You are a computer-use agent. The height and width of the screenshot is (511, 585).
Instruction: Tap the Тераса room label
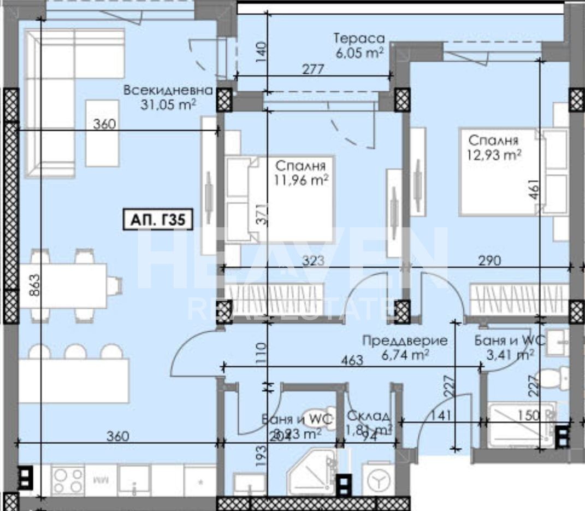[359, 39]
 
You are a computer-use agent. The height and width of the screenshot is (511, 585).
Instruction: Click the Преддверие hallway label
[405, 340]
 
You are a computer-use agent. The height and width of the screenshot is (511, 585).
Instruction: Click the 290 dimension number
[489, 261]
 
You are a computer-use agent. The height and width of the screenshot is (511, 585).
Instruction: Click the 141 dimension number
[442, 415]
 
